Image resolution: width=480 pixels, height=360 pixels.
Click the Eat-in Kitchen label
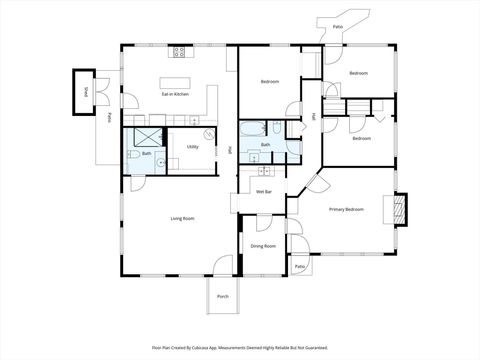[x=175, y=94]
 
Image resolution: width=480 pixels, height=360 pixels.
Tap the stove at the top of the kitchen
[x=179, y=51]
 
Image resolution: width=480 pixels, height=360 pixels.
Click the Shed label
[x=87, y=93]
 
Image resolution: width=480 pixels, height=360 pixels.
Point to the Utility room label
[x=192, y=147]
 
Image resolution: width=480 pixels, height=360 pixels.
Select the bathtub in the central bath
[x=251, y=129]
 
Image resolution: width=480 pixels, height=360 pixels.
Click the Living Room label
[x=181, y=218]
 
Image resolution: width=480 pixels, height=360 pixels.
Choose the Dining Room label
[x=263, y=246]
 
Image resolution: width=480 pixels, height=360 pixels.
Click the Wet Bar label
[x=264, y=191]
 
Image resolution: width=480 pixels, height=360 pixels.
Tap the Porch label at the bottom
[x=222, y=297]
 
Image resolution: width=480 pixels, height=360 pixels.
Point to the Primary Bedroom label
[x=346, y=210]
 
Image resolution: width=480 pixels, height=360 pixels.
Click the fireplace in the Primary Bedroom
[x=400, y=207]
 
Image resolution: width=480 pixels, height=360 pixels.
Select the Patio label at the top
[x=338, y=26]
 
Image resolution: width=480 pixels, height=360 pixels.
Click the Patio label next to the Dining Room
[x=299, y=267]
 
